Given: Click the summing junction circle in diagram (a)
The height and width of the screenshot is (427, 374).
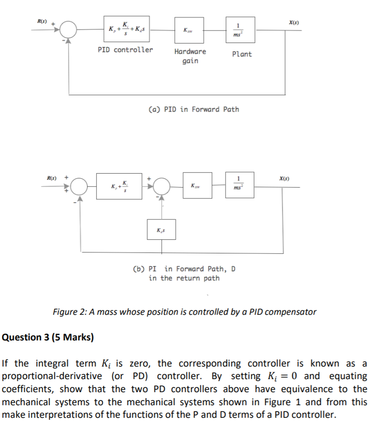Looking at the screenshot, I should (70, 29).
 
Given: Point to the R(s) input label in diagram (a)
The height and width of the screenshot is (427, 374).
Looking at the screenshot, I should (43, 21).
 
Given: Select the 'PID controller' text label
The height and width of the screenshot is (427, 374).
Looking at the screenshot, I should (125, 50).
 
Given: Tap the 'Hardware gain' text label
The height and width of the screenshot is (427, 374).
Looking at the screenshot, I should (190, 56).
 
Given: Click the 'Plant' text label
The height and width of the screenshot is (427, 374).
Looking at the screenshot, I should (242, 54).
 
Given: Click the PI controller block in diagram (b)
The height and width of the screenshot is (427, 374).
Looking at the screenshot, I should (119, 185).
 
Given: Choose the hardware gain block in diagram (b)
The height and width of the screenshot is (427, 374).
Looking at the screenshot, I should (197, 185).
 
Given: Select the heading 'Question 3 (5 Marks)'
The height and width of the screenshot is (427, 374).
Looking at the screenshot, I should (48, 337).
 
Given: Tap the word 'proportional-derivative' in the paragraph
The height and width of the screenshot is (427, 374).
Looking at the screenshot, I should (46, 376).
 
